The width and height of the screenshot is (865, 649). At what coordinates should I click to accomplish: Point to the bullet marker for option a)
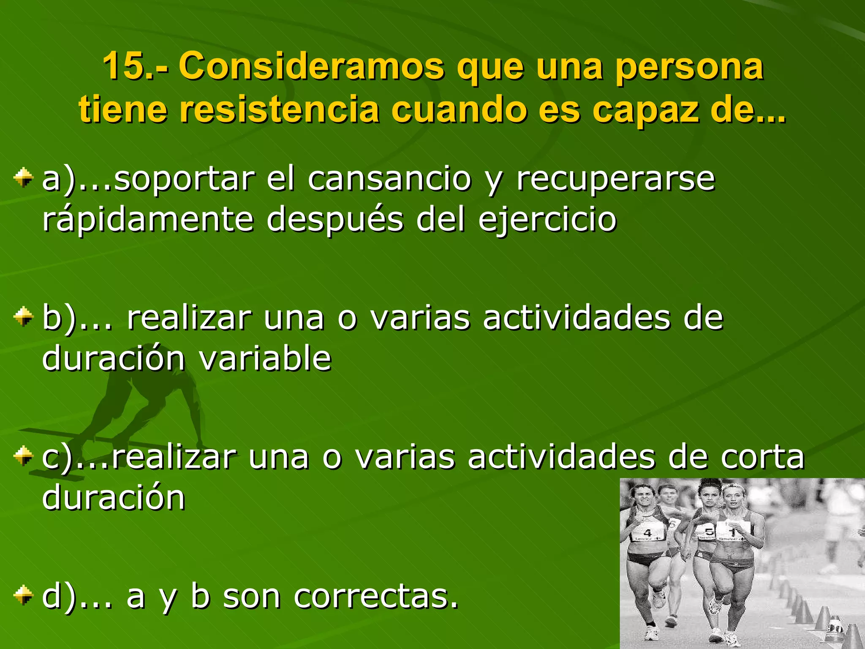[x=23, y=178]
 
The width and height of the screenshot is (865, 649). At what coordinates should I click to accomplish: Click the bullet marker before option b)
[x=23, y=317]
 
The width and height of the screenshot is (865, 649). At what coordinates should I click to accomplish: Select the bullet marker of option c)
[x=23, y=456]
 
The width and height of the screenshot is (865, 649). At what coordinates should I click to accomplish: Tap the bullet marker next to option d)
[x=23, y=595]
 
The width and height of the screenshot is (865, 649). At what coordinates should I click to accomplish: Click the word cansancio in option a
[x=389, y=179]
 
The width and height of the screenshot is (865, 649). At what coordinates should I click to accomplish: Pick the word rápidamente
[x=148, y=220]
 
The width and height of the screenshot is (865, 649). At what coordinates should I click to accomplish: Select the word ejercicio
[x=547, y=220]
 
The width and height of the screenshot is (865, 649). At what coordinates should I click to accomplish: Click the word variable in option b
[x=265, y=358]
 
